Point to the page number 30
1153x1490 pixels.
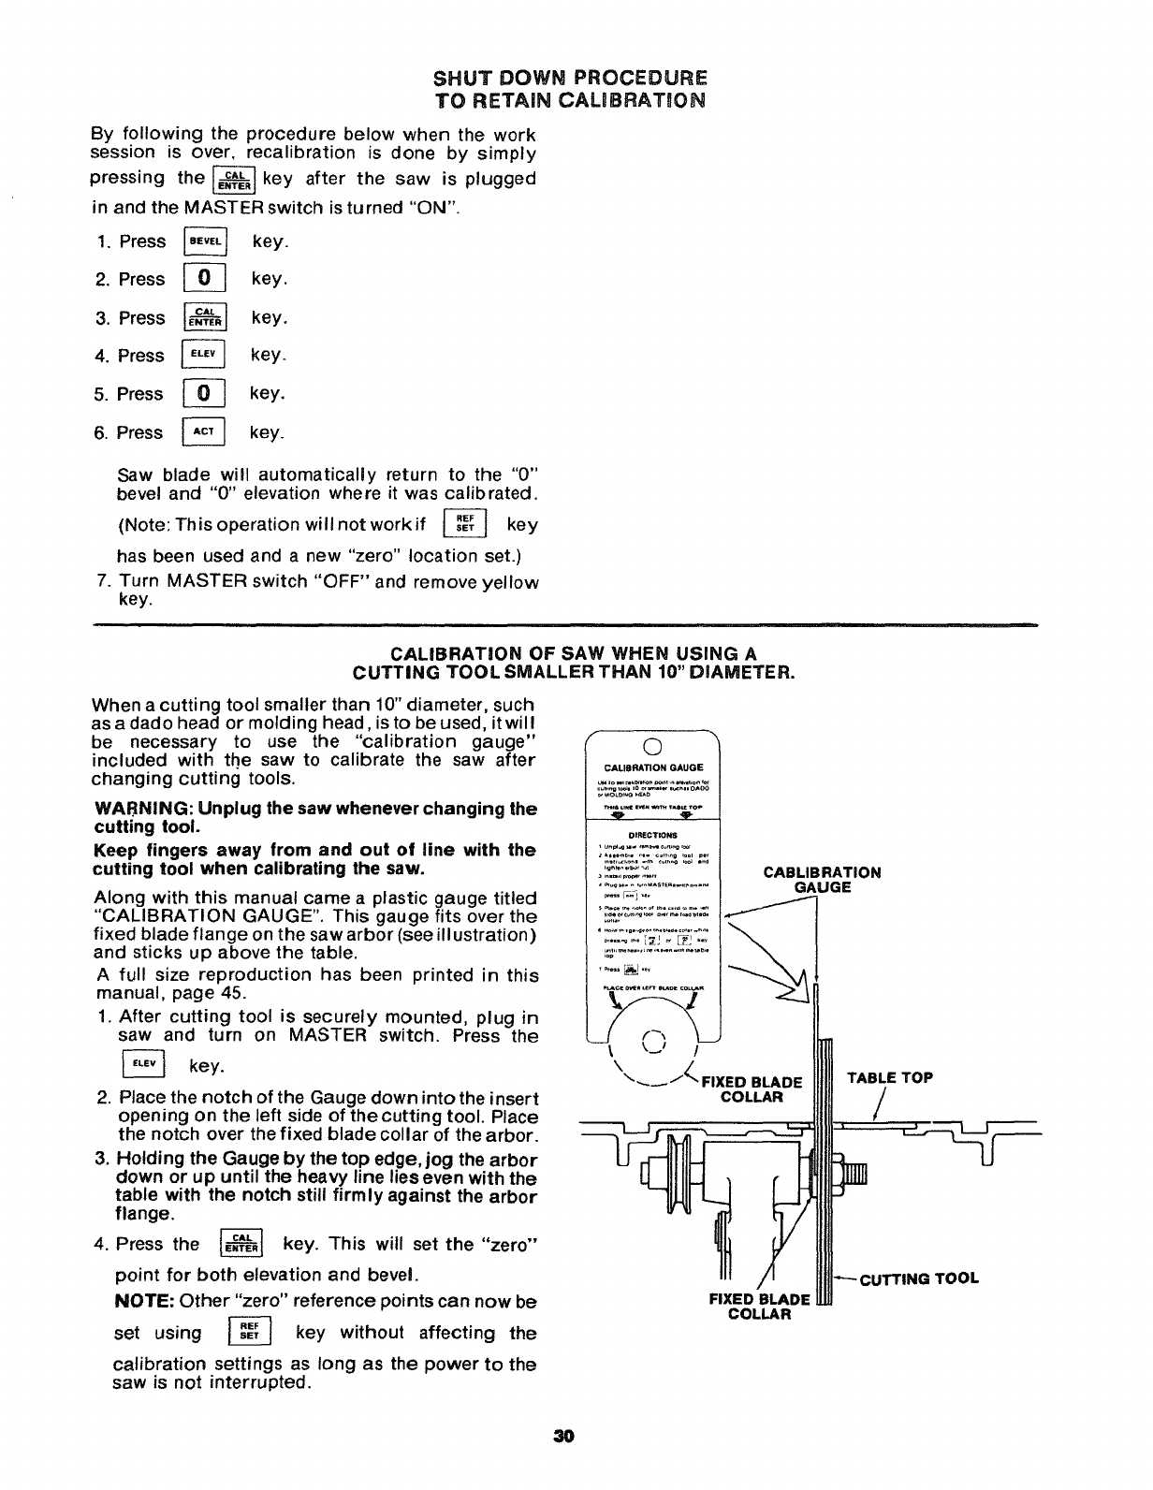563,1436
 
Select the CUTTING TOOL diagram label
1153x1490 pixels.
920,1278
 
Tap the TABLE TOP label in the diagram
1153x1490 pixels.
889,1077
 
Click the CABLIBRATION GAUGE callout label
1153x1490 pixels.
822,880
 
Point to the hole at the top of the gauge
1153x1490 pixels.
654,746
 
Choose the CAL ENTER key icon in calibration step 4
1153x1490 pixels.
242,1245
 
